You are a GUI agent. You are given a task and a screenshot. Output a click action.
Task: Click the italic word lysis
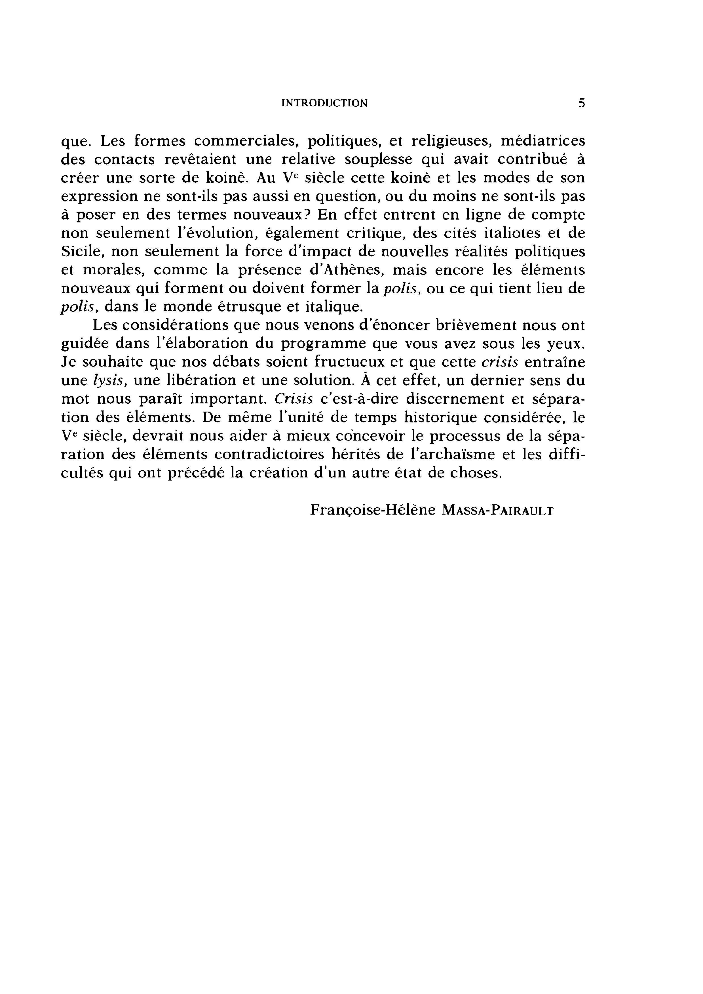(x=110, y=380)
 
